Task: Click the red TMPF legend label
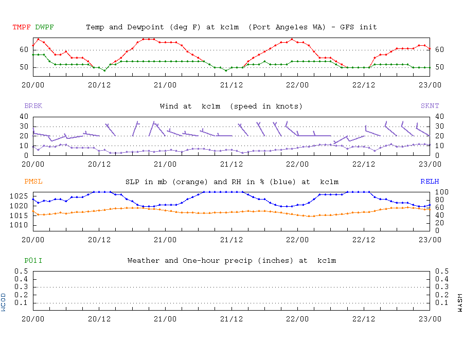click(22, 27)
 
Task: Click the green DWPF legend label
click(45, 27)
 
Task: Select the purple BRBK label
click(33, 106)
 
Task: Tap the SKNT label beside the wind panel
click(430, 106)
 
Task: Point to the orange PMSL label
click(33, 182)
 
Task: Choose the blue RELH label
click(430, 182)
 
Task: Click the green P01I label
click(33, 261)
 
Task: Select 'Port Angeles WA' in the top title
click(287, 27)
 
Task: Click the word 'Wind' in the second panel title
click(169, 106)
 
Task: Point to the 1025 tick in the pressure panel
click(21, 196)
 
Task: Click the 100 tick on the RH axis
click(441, 192)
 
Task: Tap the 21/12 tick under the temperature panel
click(232, 84)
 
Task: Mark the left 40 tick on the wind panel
click(24, 117)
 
